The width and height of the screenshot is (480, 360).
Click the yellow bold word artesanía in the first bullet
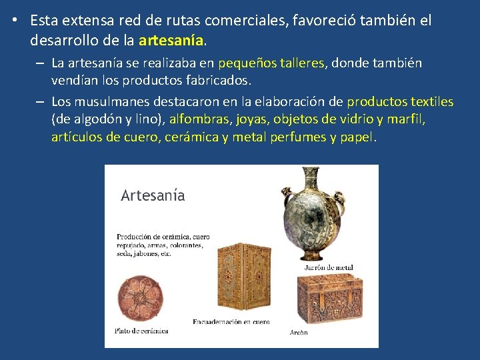click(171, 41)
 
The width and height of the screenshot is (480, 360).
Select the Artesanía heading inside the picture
click(153, 195)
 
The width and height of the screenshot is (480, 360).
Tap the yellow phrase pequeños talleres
click(271, 63)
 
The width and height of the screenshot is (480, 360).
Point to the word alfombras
click(199, 120)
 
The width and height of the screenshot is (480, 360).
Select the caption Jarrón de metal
click(328, 268)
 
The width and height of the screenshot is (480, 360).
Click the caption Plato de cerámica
click(141, 330)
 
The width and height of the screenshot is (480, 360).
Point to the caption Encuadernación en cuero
click(231, 321)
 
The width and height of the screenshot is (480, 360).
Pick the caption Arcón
click(299, 333)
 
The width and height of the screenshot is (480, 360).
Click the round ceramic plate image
click(139, 297)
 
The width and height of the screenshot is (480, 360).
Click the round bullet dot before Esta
click(14, 20)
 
